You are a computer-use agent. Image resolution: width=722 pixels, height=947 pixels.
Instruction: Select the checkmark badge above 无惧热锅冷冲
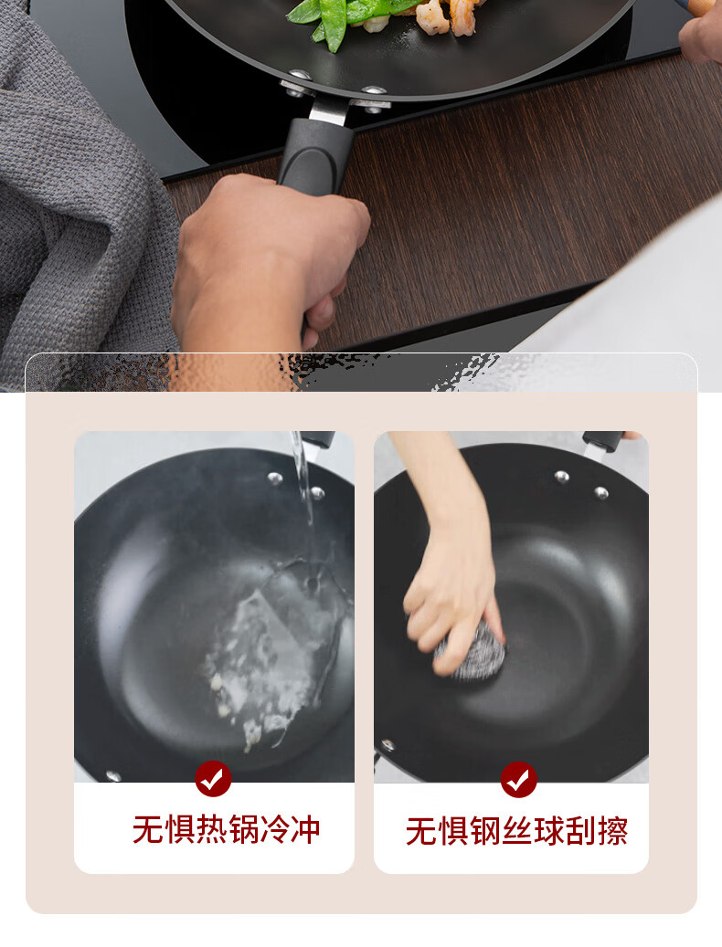(213, 778)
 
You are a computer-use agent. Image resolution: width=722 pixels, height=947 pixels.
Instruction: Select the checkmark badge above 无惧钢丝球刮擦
(518, 780)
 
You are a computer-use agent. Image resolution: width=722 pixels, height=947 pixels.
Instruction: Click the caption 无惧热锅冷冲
(226, 829)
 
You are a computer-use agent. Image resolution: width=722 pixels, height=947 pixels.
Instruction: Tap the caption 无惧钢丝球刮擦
(516, 830)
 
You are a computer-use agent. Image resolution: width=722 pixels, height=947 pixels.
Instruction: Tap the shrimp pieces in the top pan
(447, 16)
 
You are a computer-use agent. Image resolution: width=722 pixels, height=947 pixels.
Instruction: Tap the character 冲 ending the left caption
(305, 829)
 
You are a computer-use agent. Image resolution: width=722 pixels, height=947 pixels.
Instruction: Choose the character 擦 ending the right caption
(612, 830)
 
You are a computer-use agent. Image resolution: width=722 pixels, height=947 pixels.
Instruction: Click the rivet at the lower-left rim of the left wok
(112, 775)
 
